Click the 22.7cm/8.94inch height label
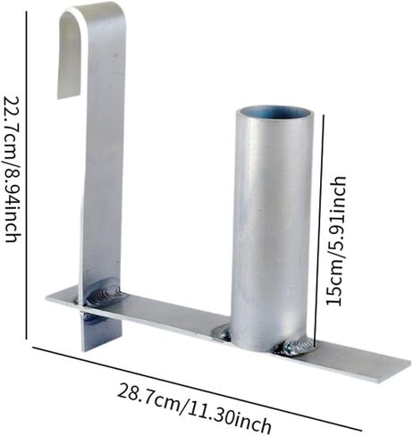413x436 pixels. [12, 169]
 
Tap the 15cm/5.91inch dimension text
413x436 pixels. [336, 240]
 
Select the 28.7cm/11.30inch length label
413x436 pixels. [194, 407]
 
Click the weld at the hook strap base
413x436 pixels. [105, 293]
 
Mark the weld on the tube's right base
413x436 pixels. [296, 346]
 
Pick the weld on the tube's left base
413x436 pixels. [222, 332]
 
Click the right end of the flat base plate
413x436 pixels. [409, 365]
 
